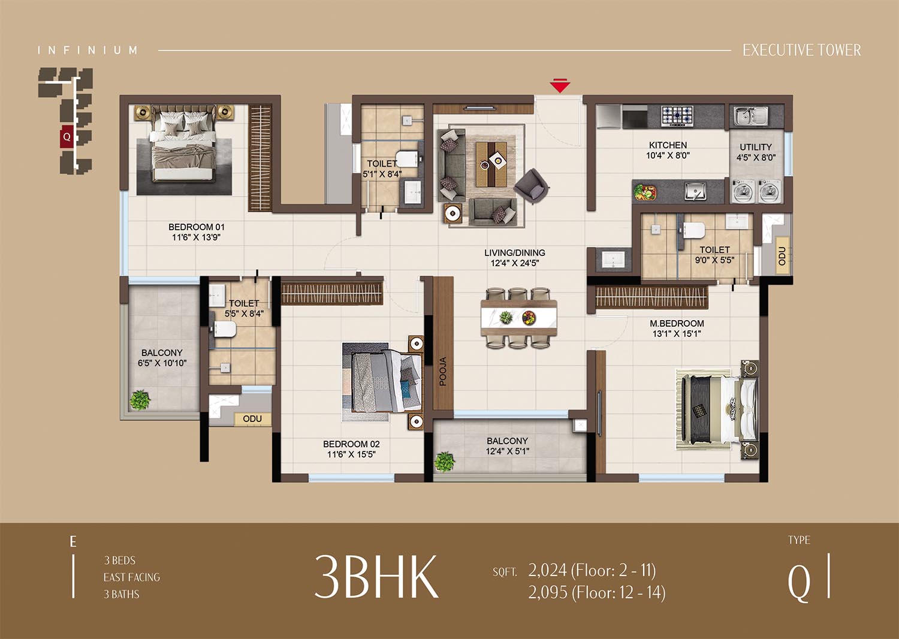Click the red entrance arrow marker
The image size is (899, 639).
[560, 86]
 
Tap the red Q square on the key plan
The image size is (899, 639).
[67, 137]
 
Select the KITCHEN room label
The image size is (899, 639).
[668, 145]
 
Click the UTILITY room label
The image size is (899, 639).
[756, 147]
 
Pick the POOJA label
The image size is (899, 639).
[443, 371]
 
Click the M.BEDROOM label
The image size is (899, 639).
[677, 323]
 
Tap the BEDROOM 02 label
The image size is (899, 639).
[351, 444]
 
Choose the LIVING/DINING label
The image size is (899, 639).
[514, 253]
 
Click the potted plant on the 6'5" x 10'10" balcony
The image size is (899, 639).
[140, 400]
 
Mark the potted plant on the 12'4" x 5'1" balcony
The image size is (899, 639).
[444, 462]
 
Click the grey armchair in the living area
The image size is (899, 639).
[532, 186]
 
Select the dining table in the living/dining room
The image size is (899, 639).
[518, 318]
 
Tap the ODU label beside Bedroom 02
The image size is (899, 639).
[252, 418]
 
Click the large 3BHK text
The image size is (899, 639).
[376, 577]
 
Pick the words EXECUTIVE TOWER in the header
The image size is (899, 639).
[802, 50]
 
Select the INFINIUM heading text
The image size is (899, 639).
[88, 50]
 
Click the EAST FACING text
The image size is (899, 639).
[132, 577]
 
